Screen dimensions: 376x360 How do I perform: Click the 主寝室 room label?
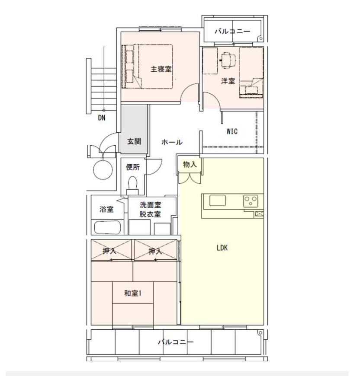pyautogui.click(x=161, y=69)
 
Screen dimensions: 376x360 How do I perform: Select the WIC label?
pyautogui.click(x=232, y=131)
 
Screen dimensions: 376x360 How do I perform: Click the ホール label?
pyautogui.click(x=171, y=142)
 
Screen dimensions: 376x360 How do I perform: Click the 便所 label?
pyautogui.click(x=133, y=168)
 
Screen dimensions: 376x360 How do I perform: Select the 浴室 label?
pyautogui.click(x=106, y=210)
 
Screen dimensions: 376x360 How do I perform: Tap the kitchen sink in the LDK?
pyautogui.click(x=217, y=201)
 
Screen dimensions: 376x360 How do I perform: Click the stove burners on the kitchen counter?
pyautogui.click(x=251, y=200)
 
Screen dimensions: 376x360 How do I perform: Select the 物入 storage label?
pyautogui.click(x=190, y=164)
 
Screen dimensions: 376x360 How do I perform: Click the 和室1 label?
pyautogui.click(x=133, y=293)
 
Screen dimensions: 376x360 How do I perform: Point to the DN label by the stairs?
pyautogui.click(x=101, y=117)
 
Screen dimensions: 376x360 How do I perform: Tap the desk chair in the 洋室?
pyautogui.click(x=228, y=61)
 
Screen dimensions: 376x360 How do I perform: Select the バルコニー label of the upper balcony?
pyautogui.click(x=232, y=32)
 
